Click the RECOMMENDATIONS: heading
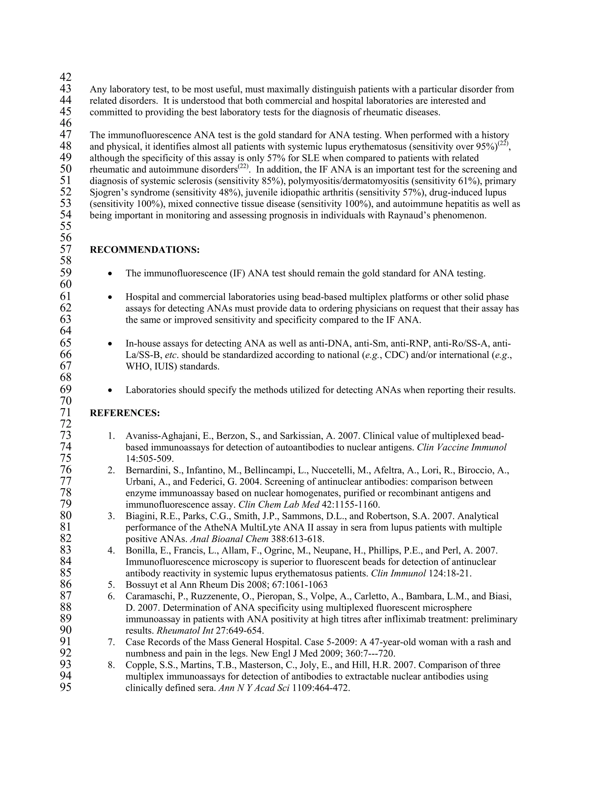[144, 250]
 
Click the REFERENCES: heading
[125, 413]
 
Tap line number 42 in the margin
[66, 77]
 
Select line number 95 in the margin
[66, 687]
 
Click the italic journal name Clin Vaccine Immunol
[461, 447]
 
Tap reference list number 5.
[111, 585]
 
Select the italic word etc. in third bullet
[171, 355]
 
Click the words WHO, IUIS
[151, 367]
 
